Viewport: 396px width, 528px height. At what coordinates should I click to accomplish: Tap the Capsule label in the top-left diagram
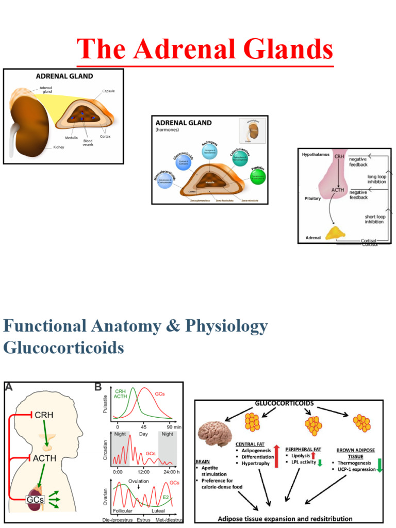click(x=108, y=91)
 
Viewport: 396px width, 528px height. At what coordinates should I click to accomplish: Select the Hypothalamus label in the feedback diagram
click(x=315, y=154)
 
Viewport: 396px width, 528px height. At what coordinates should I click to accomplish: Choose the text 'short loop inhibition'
click(x=375, y=219)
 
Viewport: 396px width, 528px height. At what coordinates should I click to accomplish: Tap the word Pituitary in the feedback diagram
click(x=311, y=198)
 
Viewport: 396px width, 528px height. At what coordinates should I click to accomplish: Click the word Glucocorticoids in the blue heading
click(x=63, y=348)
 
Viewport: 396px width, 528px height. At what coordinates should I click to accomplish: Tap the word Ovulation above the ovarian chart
click(x=138, y=481)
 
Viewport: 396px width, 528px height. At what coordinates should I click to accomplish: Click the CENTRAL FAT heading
click(x=252, y=444)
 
